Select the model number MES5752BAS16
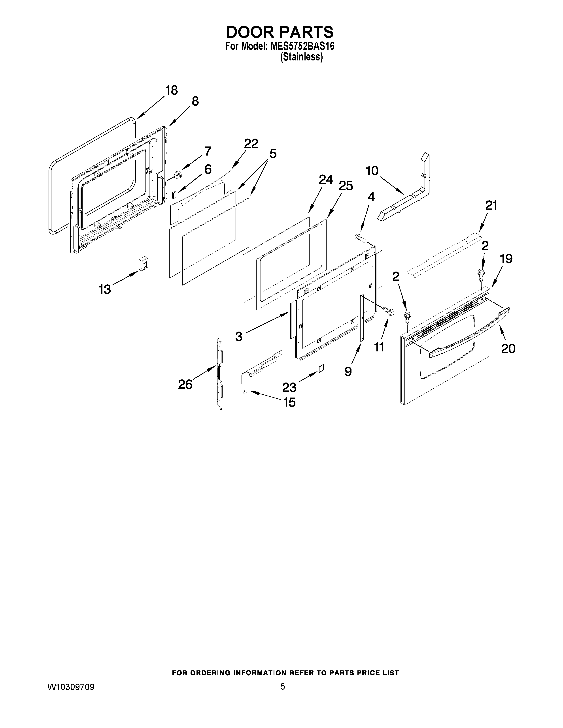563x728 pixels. coord(302,46)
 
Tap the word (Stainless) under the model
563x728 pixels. coord(301,57)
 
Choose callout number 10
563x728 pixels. coord(372,171)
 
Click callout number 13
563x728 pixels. coord(105,289)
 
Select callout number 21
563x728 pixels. coord(491,206)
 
